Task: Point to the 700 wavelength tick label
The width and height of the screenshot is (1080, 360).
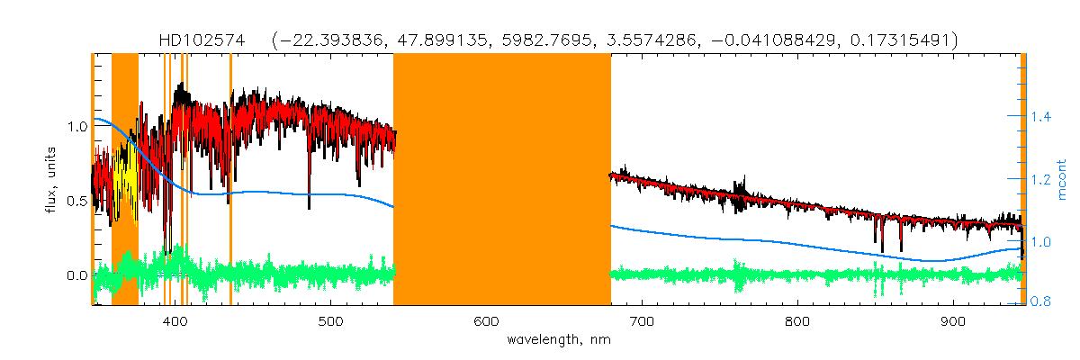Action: tap(642, 321)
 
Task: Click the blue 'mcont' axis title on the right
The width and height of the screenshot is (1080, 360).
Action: tap(1063, 180)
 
